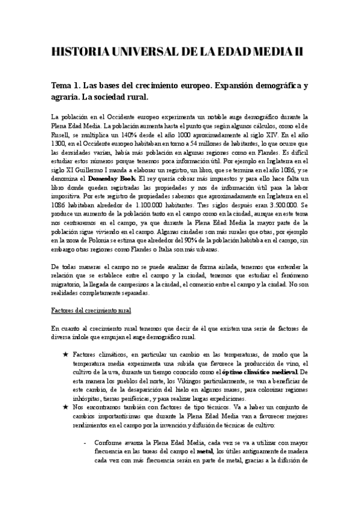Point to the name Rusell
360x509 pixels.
coord(64,137)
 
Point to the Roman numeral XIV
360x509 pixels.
coord(281,137)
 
